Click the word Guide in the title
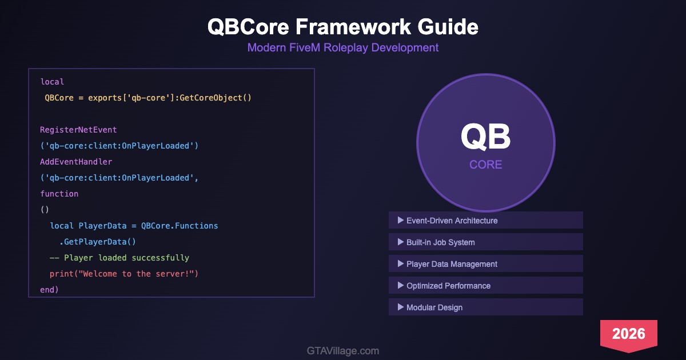(448, 27)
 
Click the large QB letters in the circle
(486, 137)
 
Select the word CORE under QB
(486, 165)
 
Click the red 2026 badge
(629, 334)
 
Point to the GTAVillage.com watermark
(343, 351)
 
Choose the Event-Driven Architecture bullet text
(452, 221)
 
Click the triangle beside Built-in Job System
(400, 242)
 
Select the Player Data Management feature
(452, 264)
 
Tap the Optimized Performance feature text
(448, 286)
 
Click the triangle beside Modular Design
(400, 307)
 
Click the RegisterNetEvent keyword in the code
(78, 130)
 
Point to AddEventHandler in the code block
(76, 162)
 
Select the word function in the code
(59, 194)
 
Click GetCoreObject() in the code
(216, 98)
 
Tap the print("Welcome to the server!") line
(124, 274)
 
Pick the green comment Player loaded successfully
(126, 258)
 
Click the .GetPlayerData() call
(97, 242)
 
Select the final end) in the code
(49, 290)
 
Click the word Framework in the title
(353, 27)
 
